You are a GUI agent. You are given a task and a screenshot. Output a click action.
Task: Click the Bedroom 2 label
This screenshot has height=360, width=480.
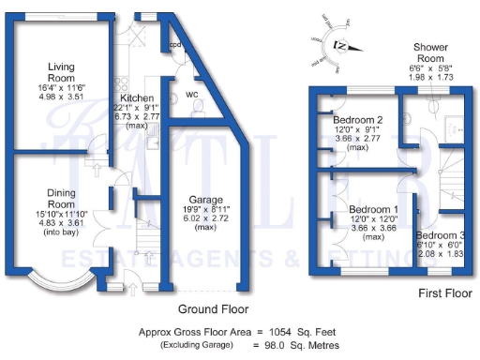pos(358,120)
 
